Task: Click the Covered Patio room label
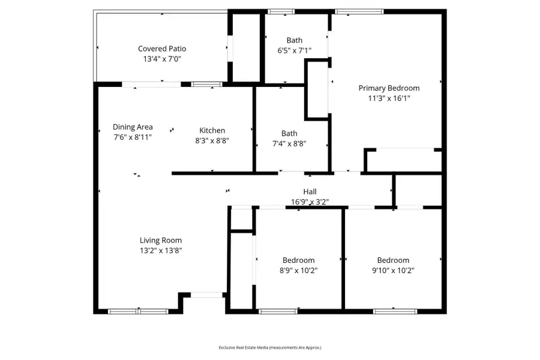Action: tap(162, 49)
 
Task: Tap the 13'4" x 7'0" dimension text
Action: tap(162, 59)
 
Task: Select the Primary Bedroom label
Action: tap(389, 88)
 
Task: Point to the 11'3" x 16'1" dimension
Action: tap(389, 98)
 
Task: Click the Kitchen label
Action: tap(212, 130)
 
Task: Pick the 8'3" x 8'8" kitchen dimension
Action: tap(212, 140)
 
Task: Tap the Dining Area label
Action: tap(133, 127)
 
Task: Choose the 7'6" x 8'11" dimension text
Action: tap(133, 137)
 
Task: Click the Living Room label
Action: tap(161, 241)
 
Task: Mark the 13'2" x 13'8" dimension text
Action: tap(161, 251)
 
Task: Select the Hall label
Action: tap(310, 192)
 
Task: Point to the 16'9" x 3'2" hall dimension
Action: tap(310, 202)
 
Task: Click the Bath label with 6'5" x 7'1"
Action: tap(295, 41)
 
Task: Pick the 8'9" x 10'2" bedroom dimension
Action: tap(299, 271)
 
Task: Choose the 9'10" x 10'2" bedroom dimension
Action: tap(393, 271)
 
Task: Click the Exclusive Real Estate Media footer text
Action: tap(270, 347)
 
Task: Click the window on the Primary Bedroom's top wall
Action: tap(352, 11)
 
